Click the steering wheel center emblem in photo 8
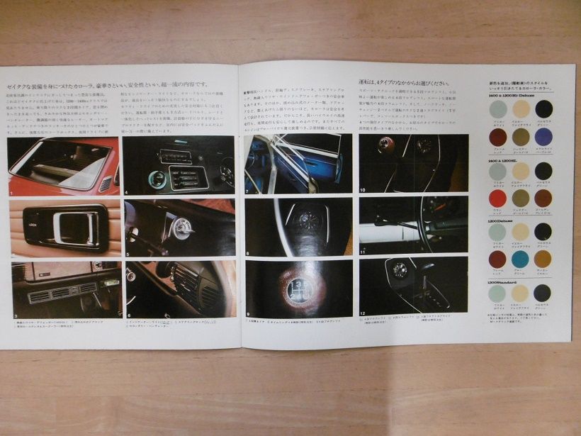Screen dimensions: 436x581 tap(307, 222)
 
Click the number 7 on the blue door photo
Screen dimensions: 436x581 tap(247, 191)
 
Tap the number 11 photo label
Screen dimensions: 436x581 tap(362, 252)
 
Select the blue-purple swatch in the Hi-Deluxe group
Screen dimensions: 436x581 tap(543, 135)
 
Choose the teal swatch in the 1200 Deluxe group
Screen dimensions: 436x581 tap(521, 259)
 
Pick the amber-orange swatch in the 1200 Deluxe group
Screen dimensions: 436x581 tap(543, 259)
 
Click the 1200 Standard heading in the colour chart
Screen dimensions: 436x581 tap(505, 280)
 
